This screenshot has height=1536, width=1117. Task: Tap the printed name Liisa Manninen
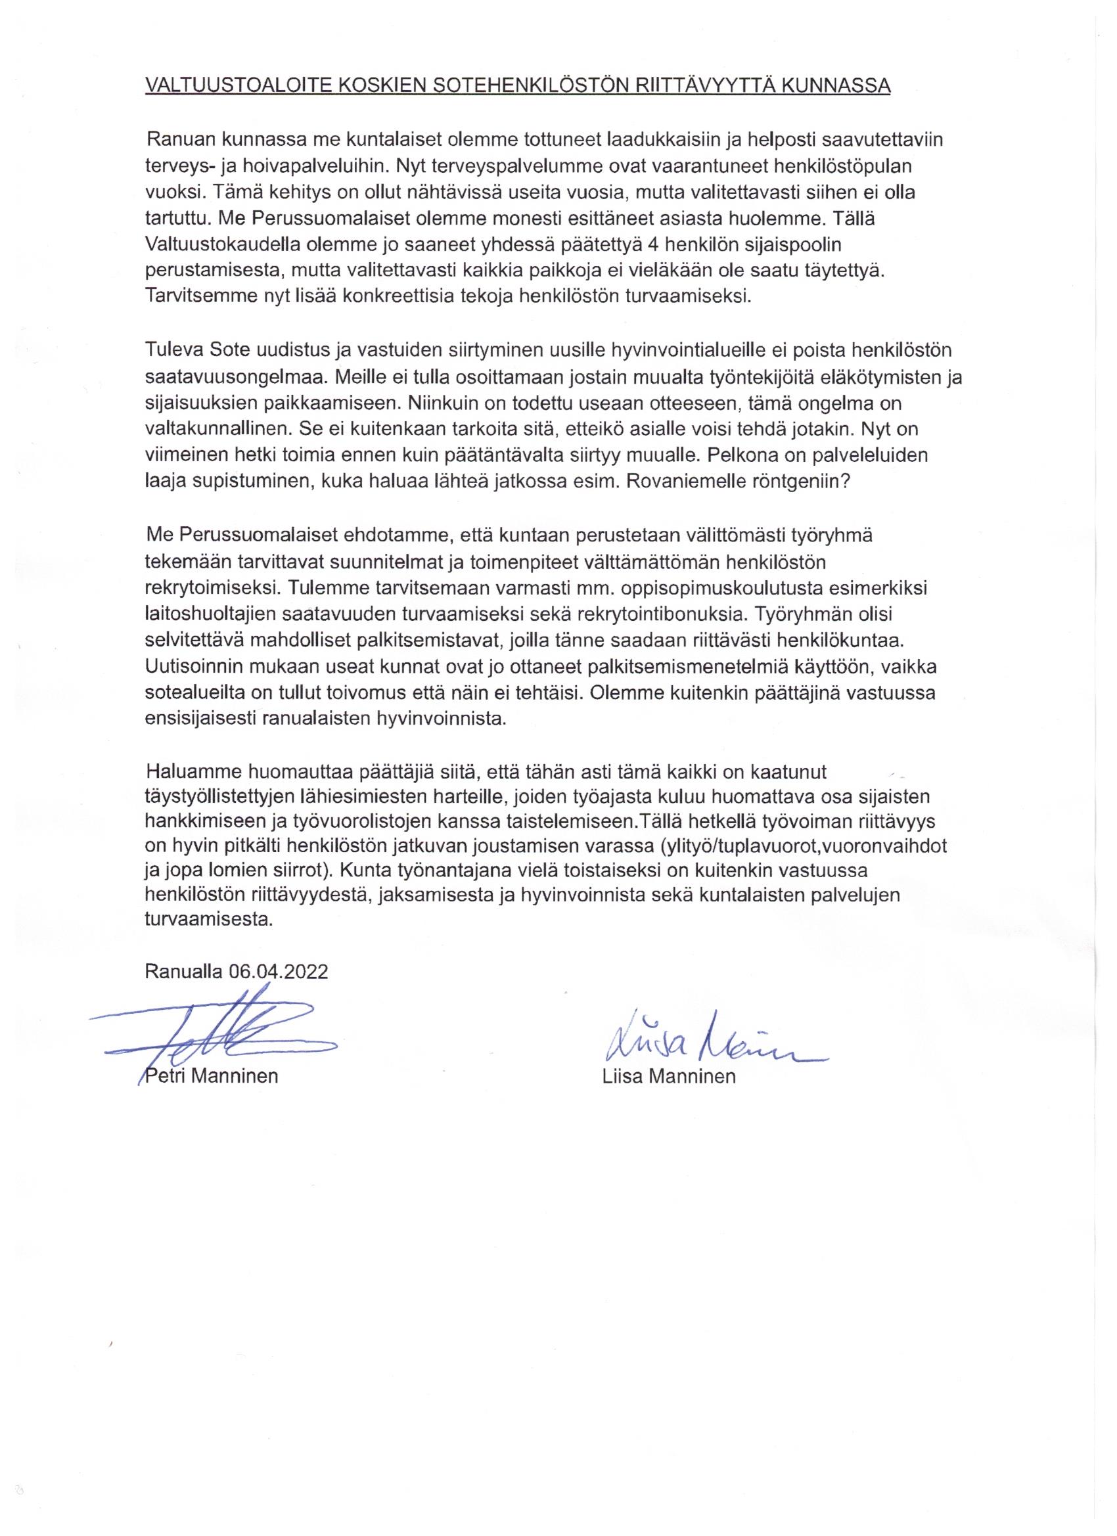click(669, 1076)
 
